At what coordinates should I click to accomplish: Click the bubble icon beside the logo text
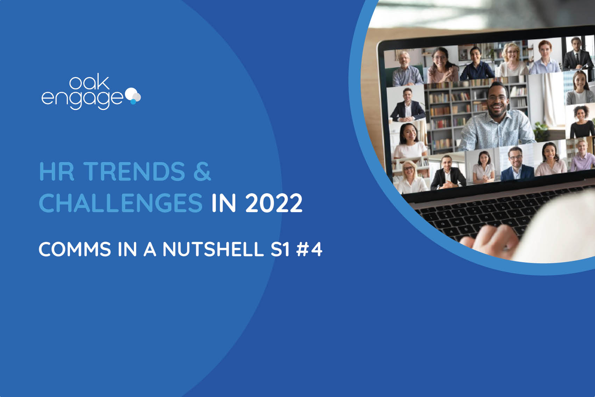click(x=133, y=96)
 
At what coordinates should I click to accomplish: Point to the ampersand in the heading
click(x=202, y=172)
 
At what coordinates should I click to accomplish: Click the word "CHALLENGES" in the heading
click(x=121, y=203)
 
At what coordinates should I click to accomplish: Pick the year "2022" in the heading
click(x=274, y=203)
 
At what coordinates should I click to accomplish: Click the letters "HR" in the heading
click(x=57, y=172)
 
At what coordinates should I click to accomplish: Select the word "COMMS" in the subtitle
click(x=75, y=249)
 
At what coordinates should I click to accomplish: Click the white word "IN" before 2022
click(x=224, y=203)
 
